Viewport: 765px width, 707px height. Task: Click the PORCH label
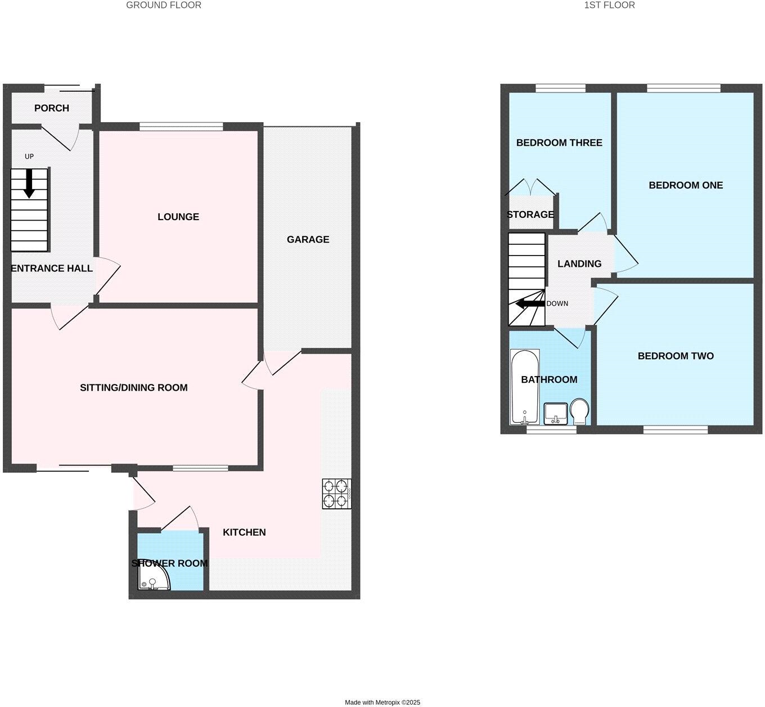[x=52, y=108]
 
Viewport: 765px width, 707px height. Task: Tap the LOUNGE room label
[x=178, y=217]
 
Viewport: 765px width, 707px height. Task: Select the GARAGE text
[x=308, y=239]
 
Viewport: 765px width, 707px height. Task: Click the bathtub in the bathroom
[x=524, y=387]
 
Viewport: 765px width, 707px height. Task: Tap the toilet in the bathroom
[x=579, y=411]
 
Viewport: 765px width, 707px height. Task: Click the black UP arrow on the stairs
[x=29, y=184]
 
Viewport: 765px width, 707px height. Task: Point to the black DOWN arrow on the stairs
[x=530, y=304]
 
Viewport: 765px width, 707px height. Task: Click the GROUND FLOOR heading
[x=164, y=5]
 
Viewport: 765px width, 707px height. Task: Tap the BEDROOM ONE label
[x=686, y=185]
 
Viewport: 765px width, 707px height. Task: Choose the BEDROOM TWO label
[x=676, y=356]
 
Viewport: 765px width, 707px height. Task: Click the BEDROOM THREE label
[x=559, y=143]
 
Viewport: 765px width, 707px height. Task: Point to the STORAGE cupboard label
[x=530, y=214]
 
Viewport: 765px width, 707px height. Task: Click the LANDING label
[x=579, y=263]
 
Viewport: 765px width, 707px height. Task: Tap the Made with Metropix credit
[x=382, y=702]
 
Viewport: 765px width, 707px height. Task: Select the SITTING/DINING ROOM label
[x=134, y=387]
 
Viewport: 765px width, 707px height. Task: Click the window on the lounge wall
[x=181, y=127]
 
